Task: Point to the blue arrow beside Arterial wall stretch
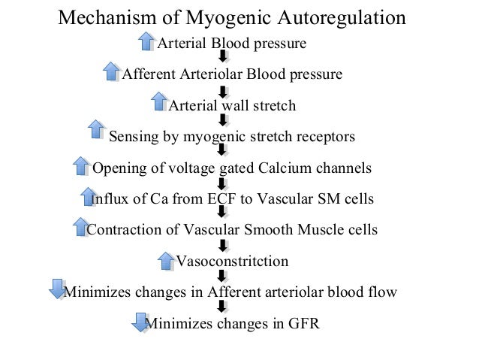point(159,103)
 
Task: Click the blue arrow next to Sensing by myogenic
point(97,130)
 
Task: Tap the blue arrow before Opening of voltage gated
point(81,165)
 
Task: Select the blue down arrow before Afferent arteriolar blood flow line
point(56,290)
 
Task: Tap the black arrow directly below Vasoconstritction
point(222,277)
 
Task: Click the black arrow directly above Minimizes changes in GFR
point(222,307)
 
